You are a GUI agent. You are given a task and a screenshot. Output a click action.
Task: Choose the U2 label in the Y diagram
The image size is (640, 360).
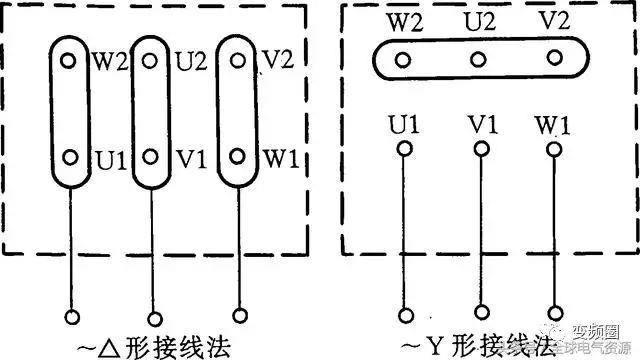(477, 21)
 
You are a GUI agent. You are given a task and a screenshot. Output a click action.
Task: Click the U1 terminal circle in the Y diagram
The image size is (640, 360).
(403, 150)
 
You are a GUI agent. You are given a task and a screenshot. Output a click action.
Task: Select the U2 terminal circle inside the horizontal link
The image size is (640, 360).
(477, 59)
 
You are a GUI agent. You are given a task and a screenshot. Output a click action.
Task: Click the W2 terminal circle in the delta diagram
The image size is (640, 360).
(68, 60)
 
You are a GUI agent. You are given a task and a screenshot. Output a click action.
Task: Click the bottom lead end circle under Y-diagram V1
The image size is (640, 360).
(481, 310)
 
